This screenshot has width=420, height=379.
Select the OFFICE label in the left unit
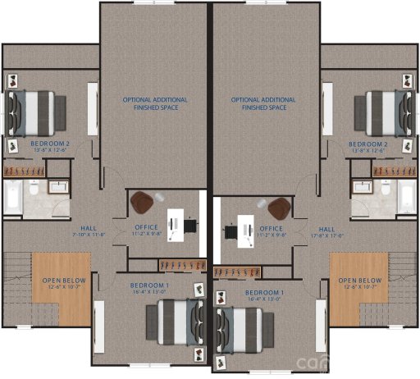coord(147,227)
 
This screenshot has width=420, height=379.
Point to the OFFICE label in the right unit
coord(271,228)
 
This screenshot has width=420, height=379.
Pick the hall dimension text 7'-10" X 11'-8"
coord(89,235)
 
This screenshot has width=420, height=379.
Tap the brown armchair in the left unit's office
coord(146,201)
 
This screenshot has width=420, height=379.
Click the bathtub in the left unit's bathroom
coord(12,197)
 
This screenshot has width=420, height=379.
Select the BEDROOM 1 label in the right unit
coord(264,293)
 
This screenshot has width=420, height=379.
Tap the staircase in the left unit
coord(16,279)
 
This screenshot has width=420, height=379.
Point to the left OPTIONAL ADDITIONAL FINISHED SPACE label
coord(155,103)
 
